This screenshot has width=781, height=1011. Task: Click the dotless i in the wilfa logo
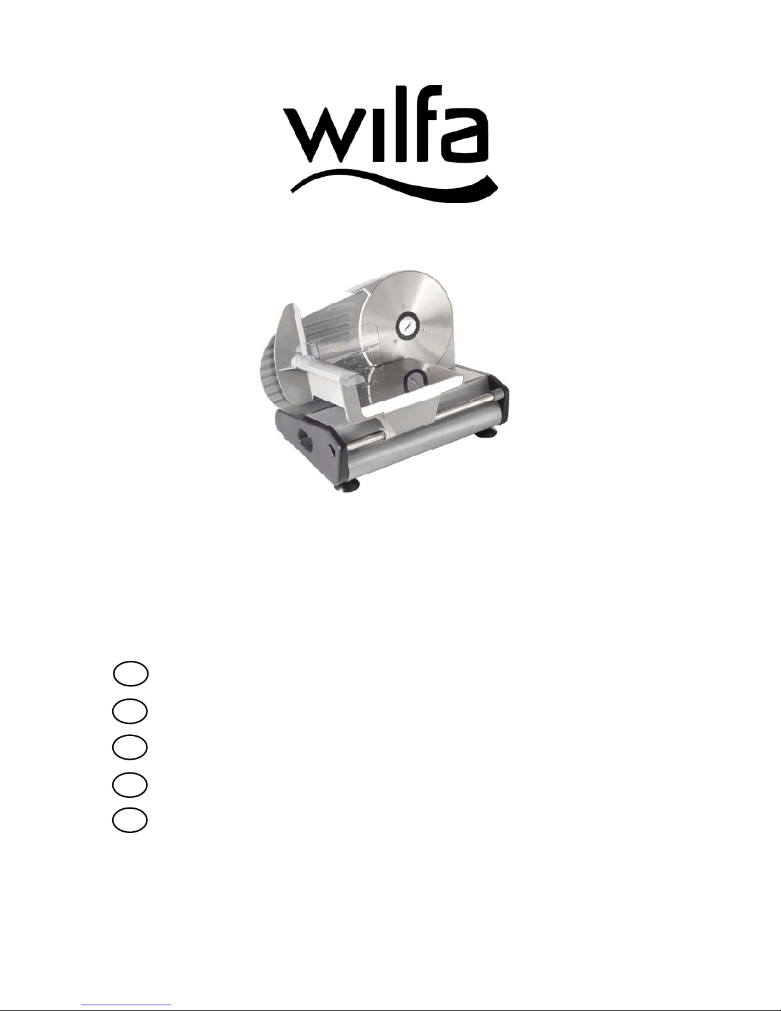click(x=375, y=135)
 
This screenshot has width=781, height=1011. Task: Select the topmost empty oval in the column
click(x=131, y=674)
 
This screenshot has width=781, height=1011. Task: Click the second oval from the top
click(x=130, y=711)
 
